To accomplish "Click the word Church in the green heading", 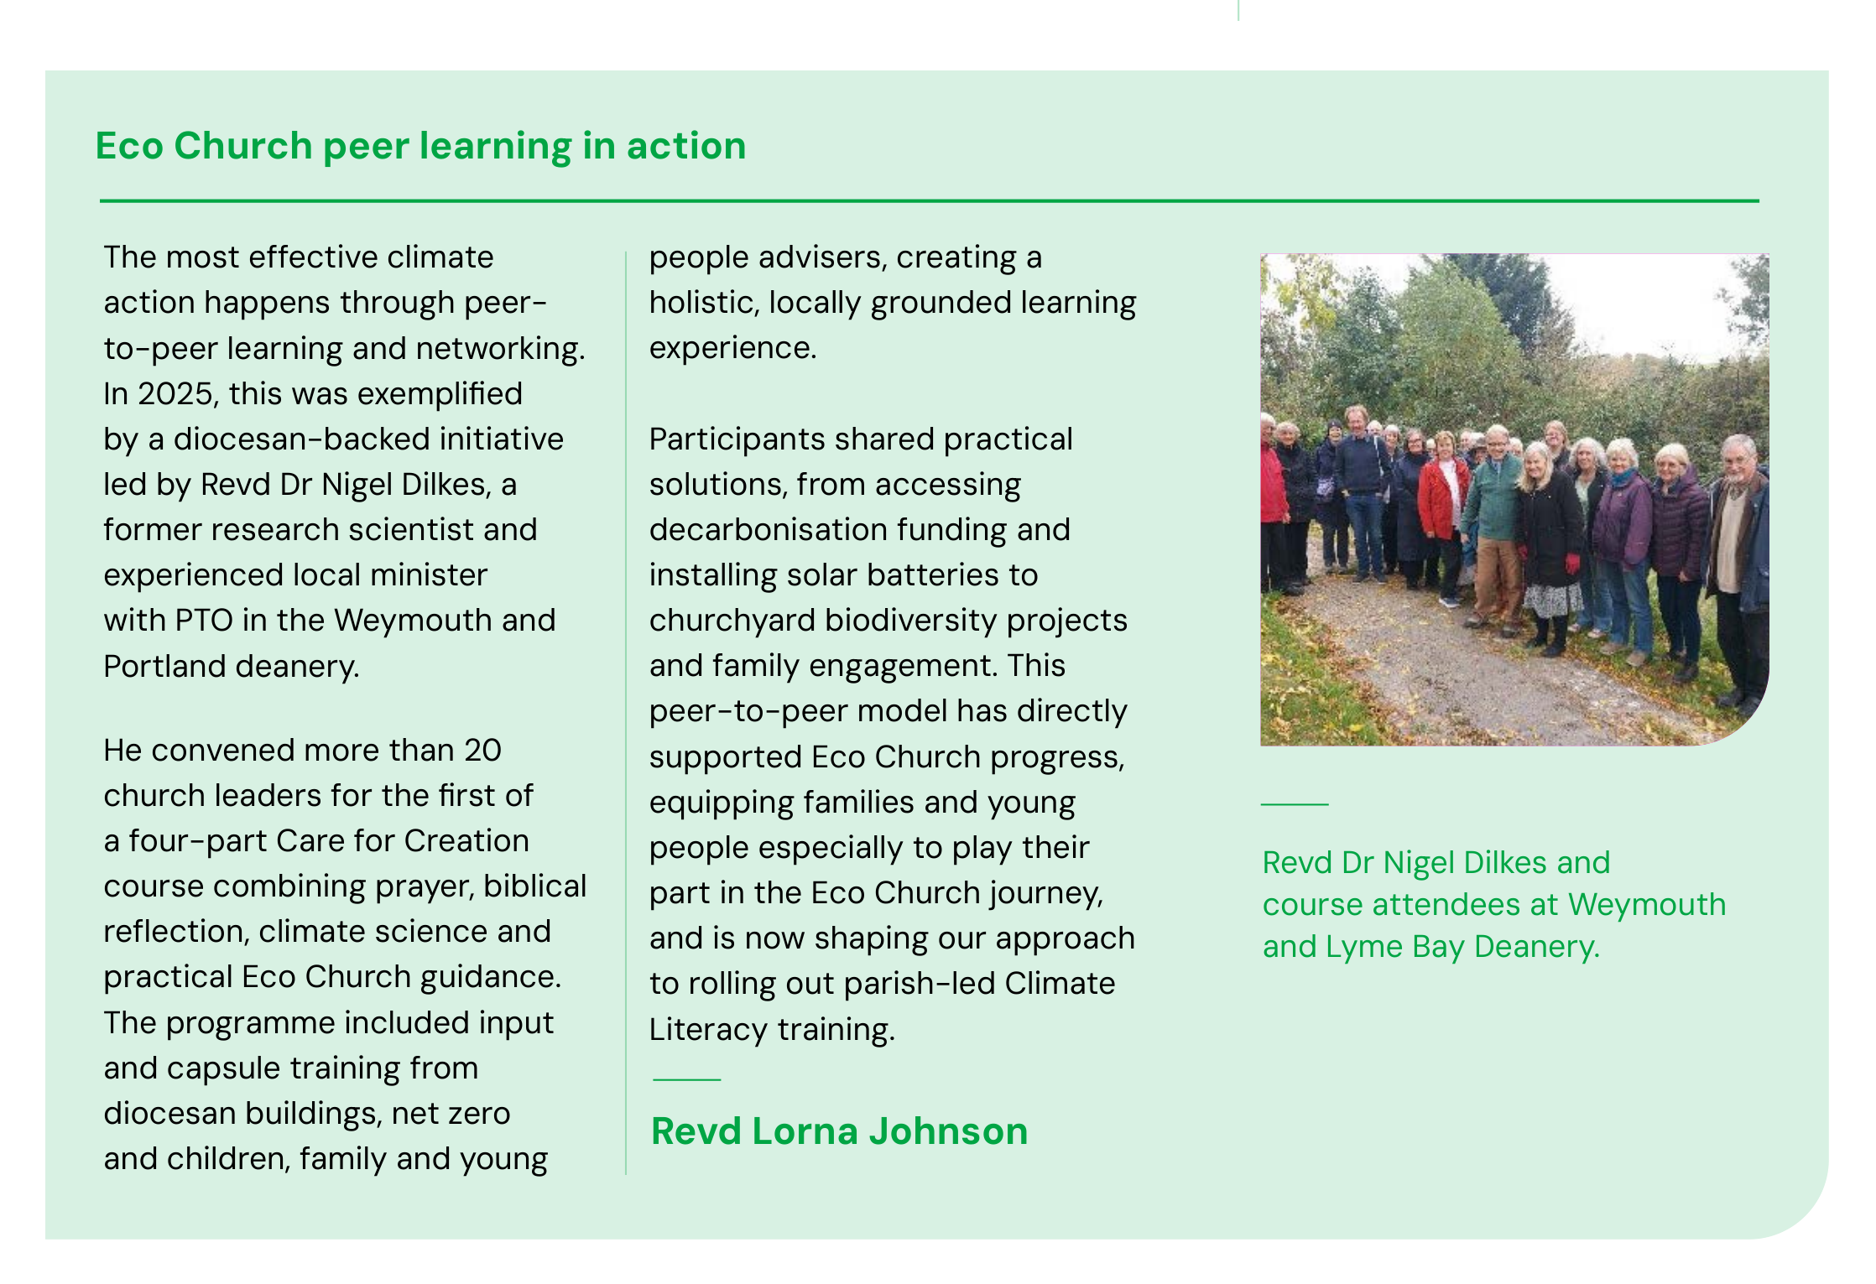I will (x=243, y=146).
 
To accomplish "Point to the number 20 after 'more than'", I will (x=482, y=750).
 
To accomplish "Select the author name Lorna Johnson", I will (x=889, y=1131).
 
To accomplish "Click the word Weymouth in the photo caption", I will (x=1647, y=905).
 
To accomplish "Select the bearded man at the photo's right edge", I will (x=1738, y=537).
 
